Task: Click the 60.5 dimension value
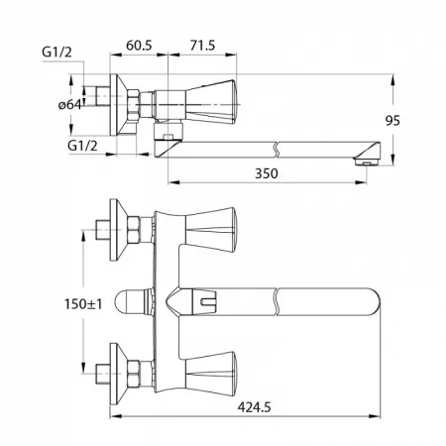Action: coord(139,46)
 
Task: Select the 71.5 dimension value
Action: coord(202,46)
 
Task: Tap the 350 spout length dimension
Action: coord(267,173)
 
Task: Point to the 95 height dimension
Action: coord(392,121)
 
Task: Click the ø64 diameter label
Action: coord(69,105)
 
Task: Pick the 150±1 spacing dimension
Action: coord(83,304)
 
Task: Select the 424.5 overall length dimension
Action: coord(254,407)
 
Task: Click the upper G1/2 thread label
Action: coord(56,53)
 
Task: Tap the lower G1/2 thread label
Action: coord(82,146)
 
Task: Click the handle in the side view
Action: coord(211,102)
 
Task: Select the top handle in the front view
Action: coord(211,230)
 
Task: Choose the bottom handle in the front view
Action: coord(211,374)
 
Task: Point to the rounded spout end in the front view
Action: coord(373,301)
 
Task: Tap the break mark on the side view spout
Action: coord(277,150)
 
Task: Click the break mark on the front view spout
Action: coord(277,301)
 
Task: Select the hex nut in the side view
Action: coord(134,105)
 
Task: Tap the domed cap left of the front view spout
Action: coord(132,301)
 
